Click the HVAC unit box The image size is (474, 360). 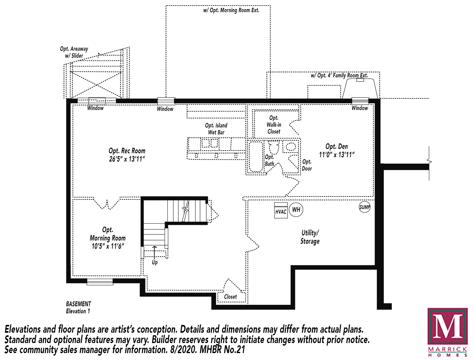coord(281,210)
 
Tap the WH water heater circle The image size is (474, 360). coord(296,209)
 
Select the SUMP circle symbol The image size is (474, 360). coord(365,207)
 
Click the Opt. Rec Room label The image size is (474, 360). coord(127,155)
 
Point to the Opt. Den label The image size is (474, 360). coord(337,151)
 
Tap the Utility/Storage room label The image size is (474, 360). coord(310,237)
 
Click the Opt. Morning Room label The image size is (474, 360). coord(108,238)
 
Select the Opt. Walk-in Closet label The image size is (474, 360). coord(274,124)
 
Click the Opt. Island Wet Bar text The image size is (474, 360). coord(216,129)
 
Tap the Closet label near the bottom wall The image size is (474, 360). coord(230,297)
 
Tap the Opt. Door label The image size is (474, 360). coord(307,165)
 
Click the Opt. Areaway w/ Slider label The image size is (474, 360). coord(74,52)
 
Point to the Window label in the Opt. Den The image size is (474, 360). coord(360,108)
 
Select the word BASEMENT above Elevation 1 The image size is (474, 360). coord(78,304)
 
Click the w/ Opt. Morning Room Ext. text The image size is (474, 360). coord(231,10)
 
